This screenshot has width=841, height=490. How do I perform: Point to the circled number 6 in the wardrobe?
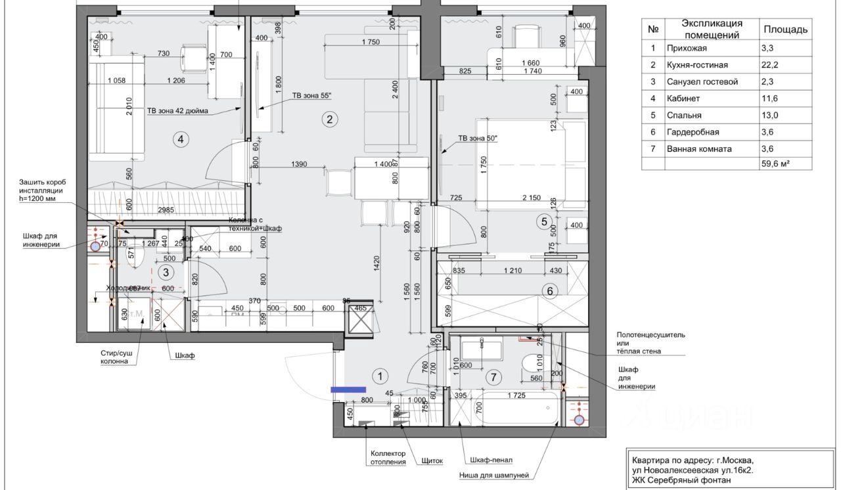550,290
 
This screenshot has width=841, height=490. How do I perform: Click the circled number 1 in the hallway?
380,376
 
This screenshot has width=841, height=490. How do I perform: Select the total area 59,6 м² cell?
775,164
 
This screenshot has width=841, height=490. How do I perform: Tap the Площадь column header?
785,30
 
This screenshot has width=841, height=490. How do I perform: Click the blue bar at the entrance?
348,390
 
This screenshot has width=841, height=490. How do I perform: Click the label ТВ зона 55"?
312,96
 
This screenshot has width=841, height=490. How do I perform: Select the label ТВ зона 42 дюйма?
177,111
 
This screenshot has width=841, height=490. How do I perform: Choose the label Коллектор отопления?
388,458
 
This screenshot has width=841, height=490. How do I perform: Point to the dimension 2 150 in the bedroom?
531,198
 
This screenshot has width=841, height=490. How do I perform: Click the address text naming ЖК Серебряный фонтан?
680,480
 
